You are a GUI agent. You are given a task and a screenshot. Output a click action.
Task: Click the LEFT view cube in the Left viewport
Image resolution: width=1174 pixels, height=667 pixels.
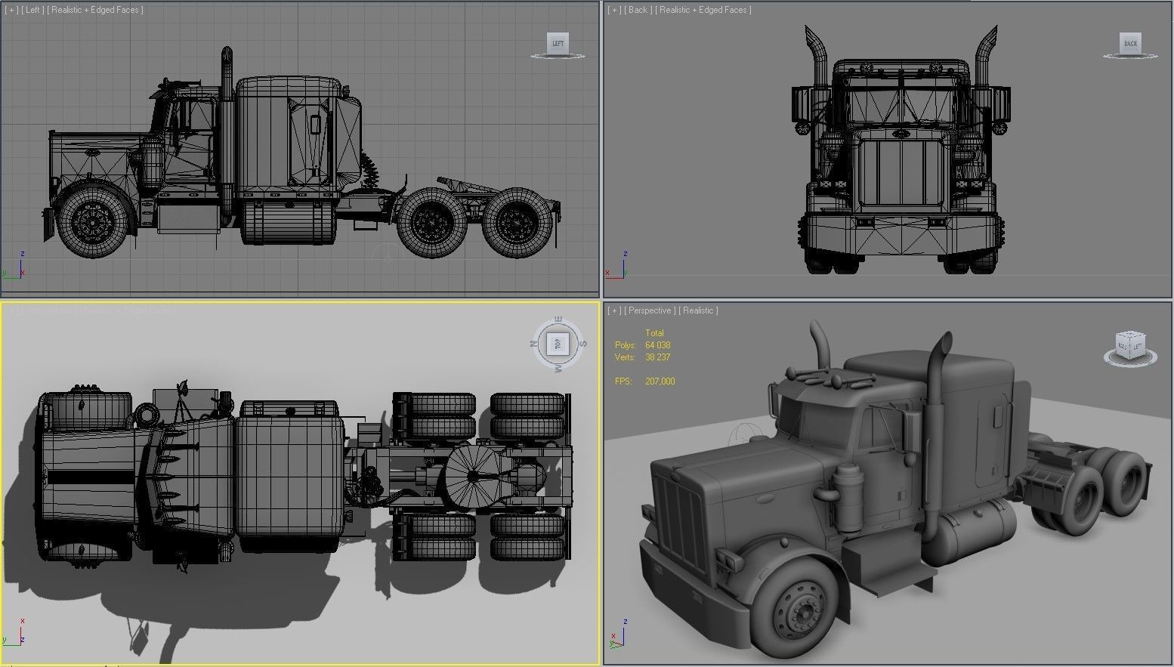coord(558,44)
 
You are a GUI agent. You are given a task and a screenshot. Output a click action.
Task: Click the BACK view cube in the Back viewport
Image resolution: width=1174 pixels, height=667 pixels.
coord(1130,44)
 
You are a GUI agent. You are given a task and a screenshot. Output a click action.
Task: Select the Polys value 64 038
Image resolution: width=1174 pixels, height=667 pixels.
coord(657,345)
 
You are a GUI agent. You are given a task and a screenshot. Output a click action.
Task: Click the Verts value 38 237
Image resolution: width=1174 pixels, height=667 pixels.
coord(657,357)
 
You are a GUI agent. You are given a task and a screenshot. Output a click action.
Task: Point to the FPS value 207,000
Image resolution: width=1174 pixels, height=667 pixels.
coord(660,381)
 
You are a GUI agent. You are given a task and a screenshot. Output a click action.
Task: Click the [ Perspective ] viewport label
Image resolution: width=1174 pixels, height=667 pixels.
coord(649,310)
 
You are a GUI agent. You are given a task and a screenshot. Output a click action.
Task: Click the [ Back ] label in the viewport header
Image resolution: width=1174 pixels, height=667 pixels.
coord(638,10)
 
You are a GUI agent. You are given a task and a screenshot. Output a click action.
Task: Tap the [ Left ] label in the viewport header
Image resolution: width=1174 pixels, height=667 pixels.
coord(32,10)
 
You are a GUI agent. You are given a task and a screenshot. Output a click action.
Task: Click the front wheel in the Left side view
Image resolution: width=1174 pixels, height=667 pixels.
coord(92,221)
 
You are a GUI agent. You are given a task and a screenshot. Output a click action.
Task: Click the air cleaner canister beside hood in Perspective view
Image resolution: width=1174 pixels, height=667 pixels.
coord(848,495)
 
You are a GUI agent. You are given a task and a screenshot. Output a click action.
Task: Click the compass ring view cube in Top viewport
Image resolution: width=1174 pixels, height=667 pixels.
coord(558,344)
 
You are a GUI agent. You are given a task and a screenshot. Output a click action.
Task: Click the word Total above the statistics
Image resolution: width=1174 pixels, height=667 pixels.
coord(654,333)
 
